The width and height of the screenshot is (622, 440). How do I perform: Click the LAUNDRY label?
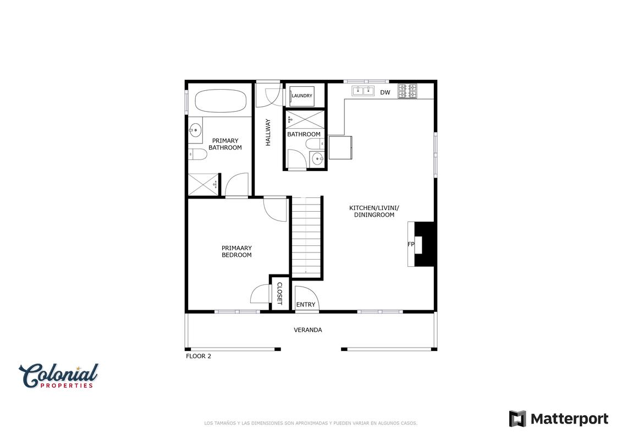click(302, 96)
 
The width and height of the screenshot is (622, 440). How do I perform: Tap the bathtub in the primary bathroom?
click(221, 101)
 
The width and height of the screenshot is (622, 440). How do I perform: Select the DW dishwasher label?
click(385, 92)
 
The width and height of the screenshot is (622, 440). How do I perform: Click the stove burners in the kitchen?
click(408, 91)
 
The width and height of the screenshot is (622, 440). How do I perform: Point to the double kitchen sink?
click(364, 91)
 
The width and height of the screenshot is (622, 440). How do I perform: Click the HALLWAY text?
click(268, 133)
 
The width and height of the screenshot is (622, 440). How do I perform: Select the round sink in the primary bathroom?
click(195, 130)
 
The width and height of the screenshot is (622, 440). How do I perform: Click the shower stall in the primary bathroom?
click(203, 184)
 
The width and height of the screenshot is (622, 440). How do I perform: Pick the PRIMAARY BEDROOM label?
click(236, 251)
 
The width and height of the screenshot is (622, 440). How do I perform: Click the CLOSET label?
click(279, 294)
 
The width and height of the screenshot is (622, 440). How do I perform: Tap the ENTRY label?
click(306, 305)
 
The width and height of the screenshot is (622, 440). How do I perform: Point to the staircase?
click(306, 237)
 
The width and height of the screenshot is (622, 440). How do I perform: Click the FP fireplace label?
click(411, 244)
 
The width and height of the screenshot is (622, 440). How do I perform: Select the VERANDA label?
click(308, 329)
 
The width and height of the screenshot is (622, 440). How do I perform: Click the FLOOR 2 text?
click(199, 356)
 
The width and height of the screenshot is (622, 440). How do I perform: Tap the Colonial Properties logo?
click(58, 376)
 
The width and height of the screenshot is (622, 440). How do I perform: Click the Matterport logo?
click(559, 419)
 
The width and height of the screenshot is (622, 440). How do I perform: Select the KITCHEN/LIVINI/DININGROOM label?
click(374, 211)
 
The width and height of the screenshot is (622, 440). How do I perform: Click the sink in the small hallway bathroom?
click(318, 159)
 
